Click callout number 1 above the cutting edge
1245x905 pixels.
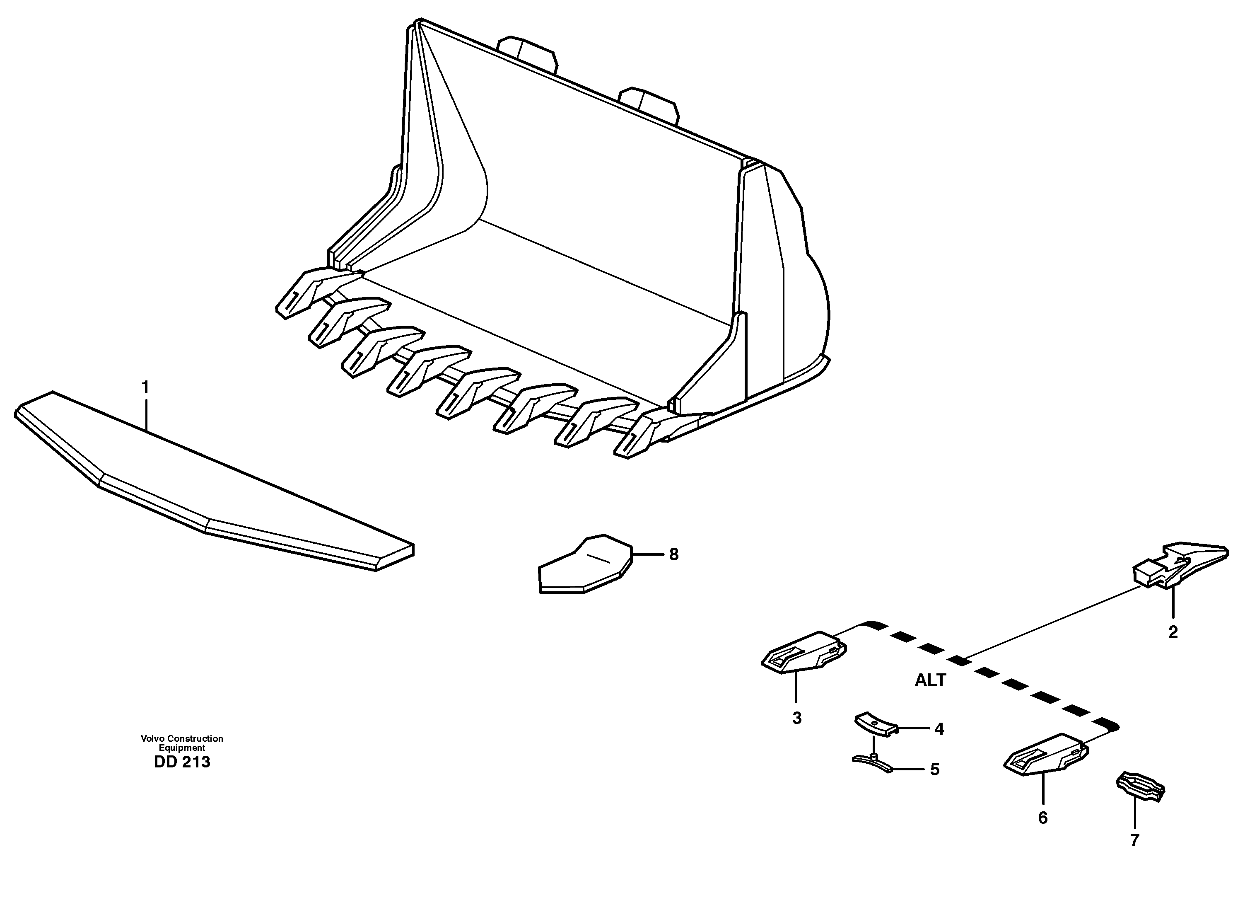pos(145,388)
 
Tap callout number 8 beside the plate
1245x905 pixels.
pos(673,554)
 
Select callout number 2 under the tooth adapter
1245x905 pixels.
pos(1173,632)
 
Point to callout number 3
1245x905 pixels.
pos(796,718)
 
